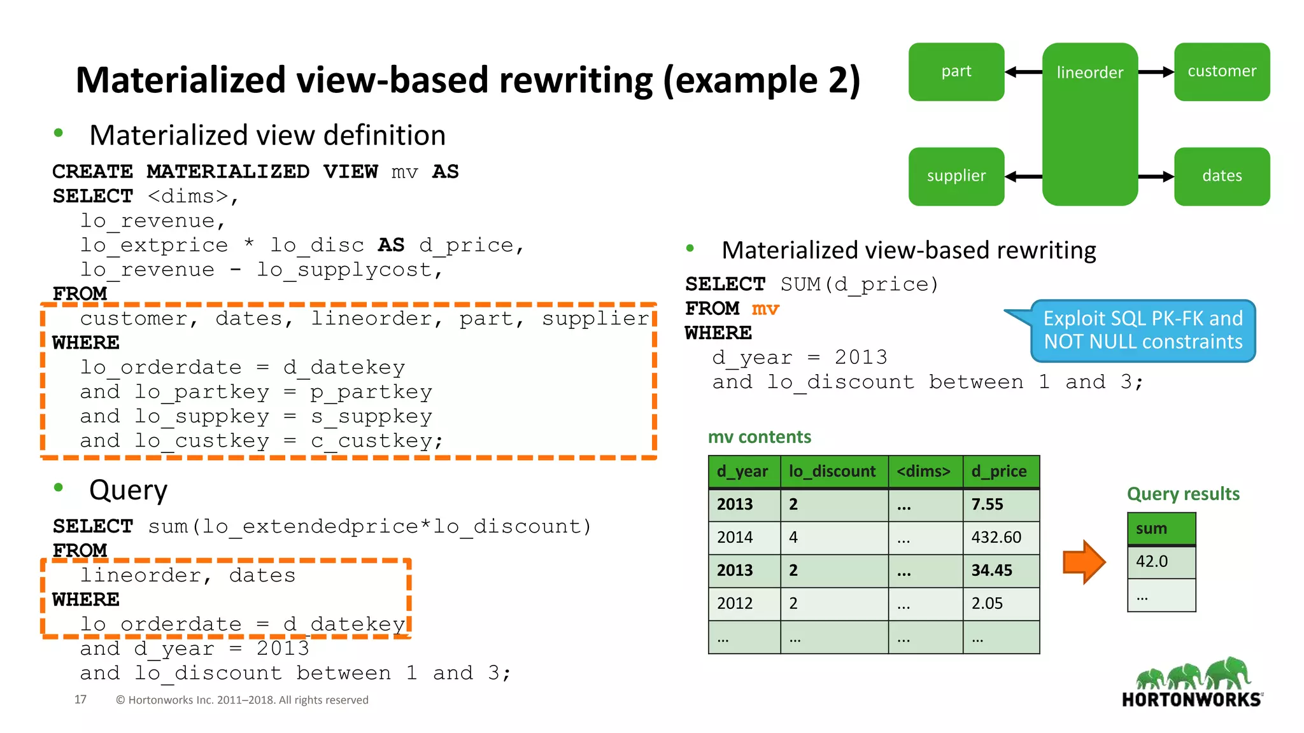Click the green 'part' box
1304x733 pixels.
pyautogui.click(x=956, y=72)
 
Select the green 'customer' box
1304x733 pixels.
pyautogui.click(x=1221, y=72)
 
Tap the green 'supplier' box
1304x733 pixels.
pyautogui.click(x=956, y=176)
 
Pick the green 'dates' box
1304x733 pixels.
pyautogui.click(x=1221, y=176)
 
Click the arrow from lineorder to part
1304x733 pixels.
pyautogui.click(x=1023, y=72)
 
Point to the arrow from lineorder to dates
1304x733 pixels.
pyautogui.click(x=1156, y=177)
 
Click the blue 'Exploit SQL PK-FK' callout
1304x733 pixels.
pyautogui.click(x=1142, y=330)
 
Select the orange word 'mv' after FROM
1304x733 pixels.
pyautogui.click(x=765, y=309)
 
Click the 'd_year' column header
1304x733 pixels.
pyautogui.click(x=744, y=471)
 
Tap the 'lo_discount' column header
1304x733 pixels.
pyautogui.click(x=833, y=471)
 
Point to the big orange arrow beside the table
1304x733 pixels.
pyautogui.click(x=1084, y=562)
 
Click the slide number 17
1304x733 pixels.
pyautogui.click(x=80, y=700)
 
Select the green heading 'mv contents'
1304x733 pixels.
pyautogui.click(x=760, y=437)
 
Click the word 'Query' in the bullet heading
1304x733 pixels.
pyautogui.click(x=128, y=491)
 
